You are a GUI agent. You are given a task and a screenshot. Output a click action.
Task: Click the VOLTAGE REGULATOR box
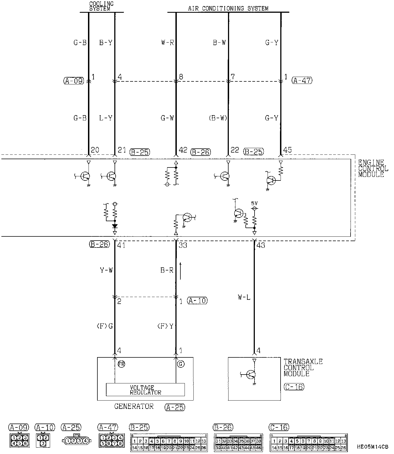click(x=145, y=390)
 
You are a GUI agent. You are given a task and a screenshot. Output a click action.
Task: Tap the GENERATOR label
click(x=134, y=406)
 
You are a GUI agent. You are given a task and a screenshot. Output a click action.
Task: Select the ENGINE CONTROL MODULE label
click(x=373, y=168)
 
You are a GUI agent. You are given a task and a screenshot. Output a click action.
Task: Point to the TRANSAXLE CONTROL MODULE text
click(x=303, y=368)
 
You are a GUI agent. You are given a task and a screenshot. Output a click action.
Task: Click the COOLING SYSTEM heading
click(x=102, y=6)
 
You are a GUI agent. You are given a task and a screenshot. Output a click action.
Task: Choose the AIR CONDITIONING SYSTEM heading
click(x=228, y=8)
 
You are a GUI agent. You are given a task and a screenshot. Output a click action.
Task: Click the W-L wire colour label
click(x=244, y=298)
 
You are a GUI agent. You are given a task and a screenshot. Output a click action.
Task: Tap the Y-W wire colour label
click(x=106, y=270)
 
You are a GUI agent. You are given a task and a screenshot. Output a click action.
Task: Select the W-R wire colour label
click(x=167, y=43)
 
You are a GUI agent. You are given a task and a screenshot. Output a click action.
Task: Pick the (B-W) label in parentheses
click(x=218, y=118)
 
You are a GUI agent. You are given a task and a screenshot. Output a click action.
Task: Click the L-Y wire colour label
click(x=106, y=118)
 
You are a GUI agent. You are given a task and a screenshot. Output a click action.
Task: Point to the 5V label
click(x=254, y=203)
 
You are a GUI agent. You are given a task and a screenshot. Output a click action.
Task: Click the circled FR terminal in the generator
click(x=121, y=364)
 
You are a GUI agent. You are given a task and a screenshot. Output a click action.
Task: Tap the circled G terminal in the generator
click(x=180, y=364)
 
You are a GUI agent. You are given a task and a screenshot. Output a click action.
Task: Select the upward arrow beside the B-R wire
click(x=180, y=271)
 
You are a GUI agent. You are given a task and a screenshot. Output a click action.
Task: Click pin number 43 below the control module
click(x=261, y=245)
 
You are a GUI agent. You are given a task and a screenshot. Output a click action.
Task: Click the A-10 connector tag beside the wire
click(x=197, y=300)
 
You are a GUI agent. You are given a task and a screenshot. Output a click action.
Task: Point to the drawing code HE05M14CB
click(x=372, y=447)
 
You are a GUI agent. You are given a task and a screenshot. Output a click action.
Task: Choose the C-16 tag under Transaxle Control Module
click(x=294, y=387)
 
